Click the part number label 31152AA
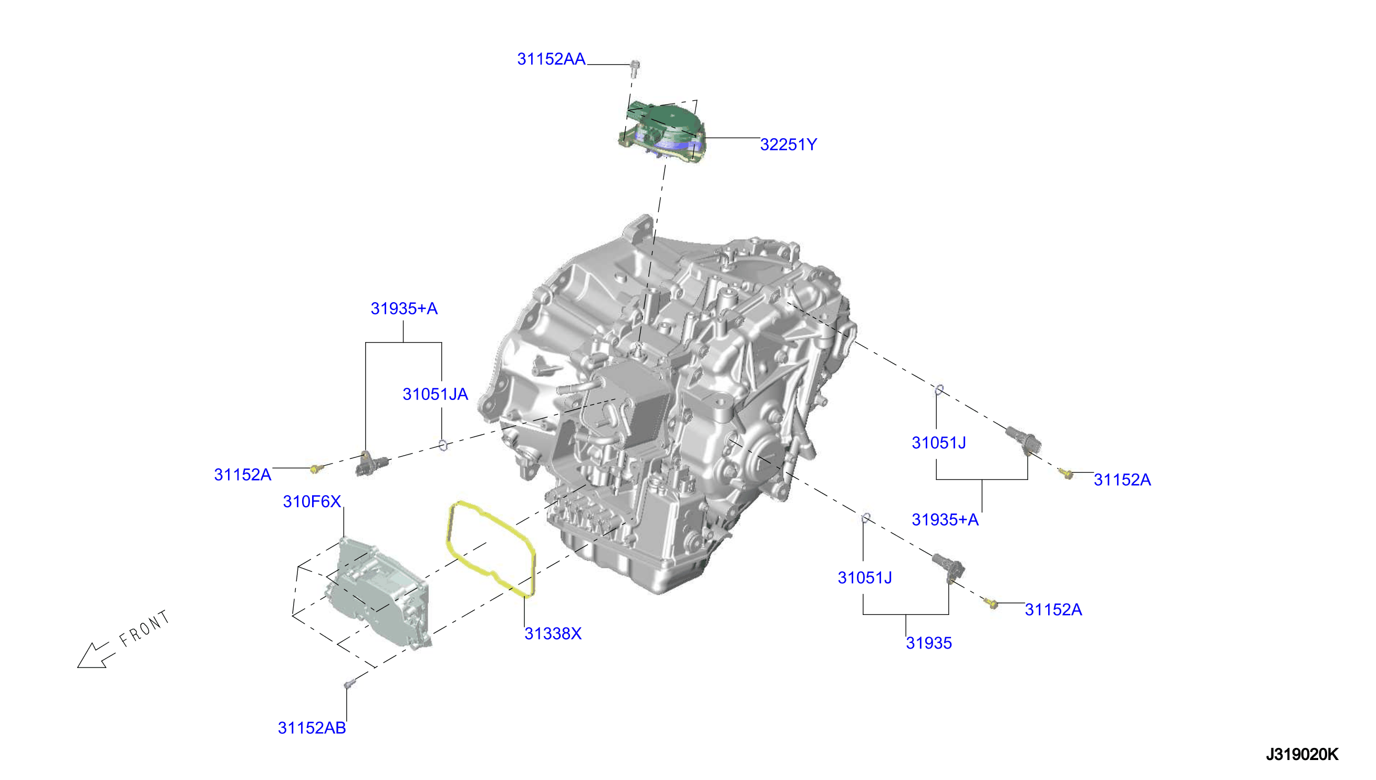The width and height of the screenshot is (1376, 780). [551, 59]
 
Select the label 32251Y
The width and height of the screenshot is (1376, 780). [788, 145]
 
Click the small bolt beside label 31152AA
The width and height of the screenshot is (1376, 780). [635, 68]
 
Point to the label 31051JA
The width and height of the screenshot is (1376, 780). [436, 394]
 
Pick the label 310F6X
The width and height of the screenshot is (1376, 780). [312, 501]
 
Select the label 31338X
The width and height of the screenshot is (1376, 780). [553, 634]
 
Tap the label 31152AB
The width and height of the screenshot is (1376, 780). [312, 728]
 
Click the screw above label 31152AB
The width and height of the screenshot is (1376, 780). [349, 684]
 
